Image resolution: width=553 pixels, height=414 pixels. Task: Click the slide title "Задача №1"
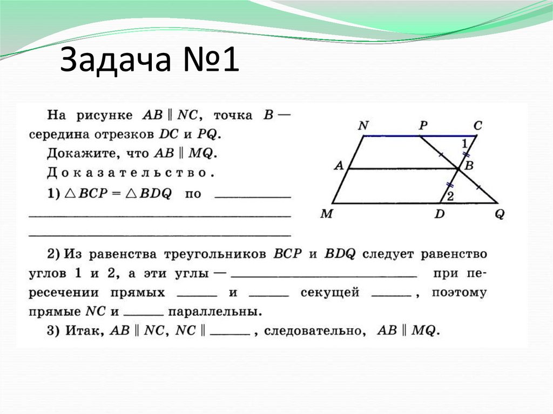point(149,62)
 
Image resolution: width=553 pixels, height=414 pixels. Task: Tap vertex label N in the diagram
point(363,126)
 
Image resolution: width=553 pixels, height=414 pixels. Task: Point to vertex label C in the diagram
point(477,126)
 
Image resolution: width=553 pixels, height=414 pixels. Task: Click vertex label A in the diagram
point(339,166)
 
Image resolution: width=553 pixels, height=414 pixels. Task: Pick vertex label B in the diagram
point(469,166)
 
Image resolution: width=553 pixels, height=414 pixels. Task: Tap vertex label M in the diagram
point(326,214)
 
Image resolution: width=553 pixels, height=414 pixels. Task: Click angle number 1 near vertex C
point(464,144)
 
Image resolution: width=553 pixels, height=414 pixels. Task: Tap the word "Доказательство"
point(127,174)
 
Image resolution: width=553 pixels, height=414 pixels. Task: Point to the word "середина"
point(74,134)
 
